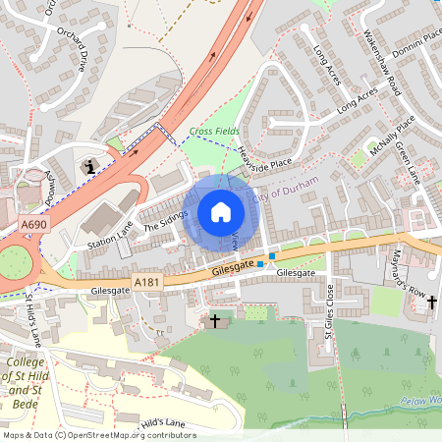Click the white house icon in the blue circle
[x=221, y=211]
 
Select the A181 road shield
[x=147, y=281]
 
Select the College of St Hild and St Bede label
[x=29, y=382]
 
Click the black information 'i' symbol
[x=91, y=166]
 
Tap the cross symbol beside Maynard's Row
[x=431, y=304]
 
